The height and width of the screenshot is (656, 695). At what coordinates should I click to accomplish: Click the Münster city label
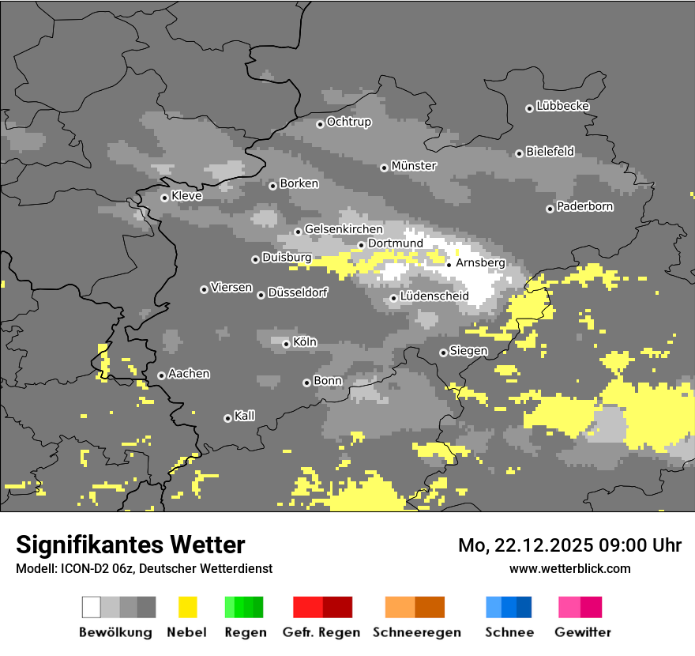[x=414, y=166]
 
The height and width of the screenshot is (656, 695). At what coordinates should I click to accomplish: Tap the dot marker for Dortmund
[x=361, y=245]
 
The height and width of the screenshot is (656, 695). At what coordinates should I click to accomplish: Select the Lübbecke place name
[x=562, y=106]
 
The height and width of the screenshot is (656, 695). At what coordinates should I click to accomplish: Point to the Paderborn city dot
[x=550, y=209]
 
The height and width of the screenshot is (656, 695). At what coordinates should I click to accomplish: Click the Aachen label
[x=189, y=374]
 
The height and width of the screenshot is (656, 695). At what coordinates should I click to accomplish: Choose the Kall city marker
[x=227, y=418]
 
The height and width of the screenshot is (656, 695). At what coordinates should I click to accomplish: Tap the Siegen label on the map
[x=468, y=351]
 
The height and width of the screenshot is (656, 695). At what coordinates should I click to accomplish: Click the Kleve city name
[x=186, y=196]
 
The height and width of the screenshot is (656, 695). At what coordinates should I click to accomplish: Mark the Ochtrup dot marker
[x=320, y=124]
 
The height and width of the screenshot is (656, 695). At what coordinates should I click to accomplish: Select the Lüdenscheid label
[x=434, y=296]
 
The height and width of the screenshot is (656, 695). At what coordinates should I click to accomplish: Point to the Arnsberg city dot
[x=449, y=265]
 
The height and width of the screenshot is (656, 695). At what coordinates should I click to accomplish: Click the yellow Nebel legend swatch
[x=187, y=607]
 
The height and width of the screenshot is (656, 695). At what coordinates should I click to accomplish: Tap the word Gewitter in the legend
[x=582, y=632]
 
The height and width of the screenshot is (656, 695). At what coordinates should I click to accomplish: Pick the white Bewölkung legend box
[x=92, y=607]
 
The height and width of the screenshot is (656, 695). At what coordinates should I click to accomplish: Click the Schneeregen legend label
[x=416, y=632]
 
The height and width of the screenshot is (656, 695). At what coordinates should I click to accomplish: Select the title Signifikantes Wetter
[x=130, y=545]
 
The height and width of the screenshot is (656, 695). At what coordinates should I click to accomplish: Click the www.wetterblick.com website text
[x=569, y=568]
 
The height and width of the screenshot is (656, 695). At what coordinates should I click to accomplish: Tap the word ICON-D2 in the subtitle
[x=81, y=568]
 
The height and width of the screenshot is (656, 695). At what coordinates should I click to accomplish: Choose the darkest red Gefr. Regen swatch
[x=337, y=607]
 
